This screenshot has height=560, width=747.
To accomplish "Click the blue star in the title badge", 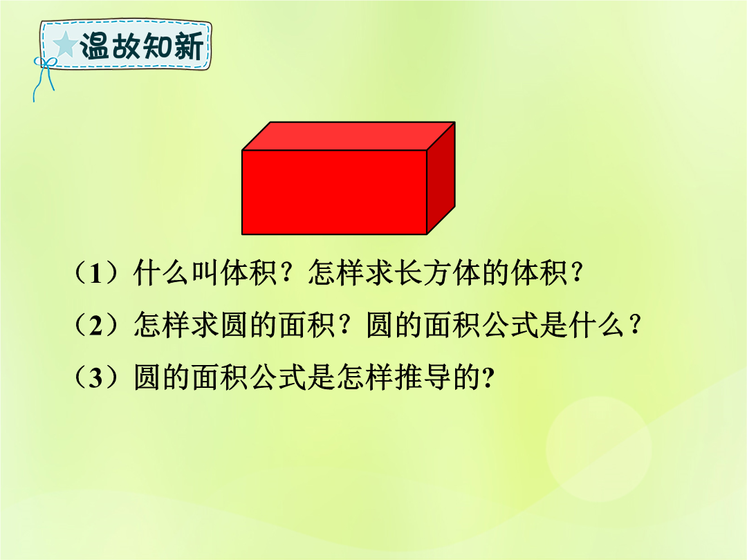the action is [x=65, y=45].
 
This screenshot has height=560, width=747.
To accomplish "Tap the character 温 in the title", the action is [x=94, y=46].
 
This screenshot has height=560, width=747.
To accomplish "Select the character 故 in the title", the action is [x=125, y=46].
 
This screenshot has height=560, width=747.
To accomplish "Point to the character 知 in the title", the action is [x=157, y=46].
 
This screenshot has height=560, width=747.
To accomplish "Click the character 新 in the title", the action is [x=189, y=46].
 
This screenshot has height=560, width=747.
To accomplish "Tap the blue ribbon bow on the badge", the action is [x=44, y=76].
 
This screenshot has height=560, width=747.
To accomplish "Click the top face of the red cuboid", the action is [x=349, y=136].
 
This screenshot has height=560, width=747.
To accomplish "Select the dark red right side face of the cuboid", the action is [x=441, y=178].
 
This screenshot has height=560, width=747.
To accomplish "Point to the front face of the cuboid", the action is [x=335, y=192].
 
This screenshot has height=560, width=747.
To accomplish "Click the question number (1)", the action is [x=96, y=273].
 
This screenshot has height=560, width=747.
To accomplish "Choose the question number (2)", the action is [x=96, y=326].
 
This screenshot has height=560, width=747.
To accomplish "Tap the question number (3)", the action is [x=96, y=378].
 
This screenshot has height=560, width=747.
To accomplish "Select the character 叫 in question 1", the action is [x=205, y=273].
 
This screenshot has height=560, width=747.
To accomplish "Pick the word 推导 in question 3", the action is [x=422, y=378].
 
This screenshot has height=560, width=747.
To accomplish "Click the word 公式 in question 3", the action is [x=278, y=378].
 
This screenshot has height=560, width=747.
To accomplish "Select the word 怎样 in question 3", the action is [x=365, y=378].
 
